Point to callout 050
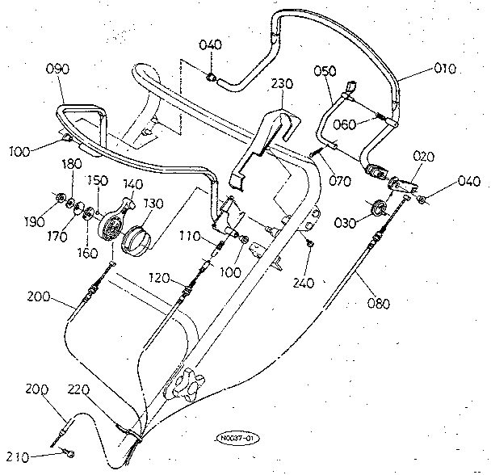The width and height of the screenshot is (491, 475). point(325,72)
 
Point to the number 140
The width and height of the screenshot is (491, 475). point(132,184)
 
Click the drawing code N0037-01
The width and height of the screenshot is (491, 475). point(237,439)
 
